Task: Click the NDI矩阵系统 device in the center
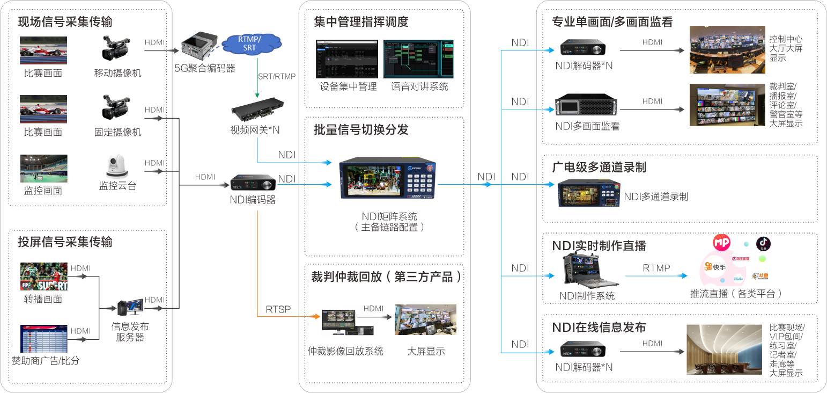[x=388, y=178]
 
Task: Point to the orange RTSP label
[x=278, y=309]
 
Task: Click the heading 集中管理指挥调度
[x=360, y=22]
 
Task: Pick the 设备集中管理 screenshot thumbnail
[x=347, y=59]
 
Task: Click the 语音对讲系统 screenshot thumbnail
[x=418, y=59]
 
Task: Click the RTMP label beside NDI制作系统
[x=656, y=268]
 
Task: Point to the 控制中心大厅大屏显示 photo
[x=727, y=49]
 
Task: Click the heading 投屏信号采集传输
[x=65, y=242]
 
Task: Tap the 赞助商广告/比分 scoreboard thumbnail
[x=44, y=338]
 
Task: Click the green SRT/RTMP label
[x=276, y=76]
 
